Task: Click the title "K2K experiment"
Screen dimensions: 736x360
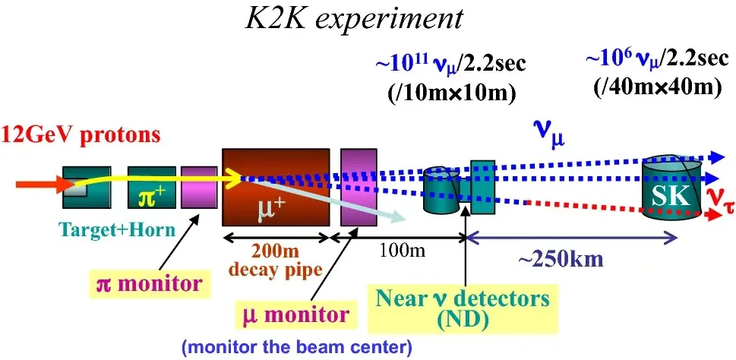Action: point(354,19)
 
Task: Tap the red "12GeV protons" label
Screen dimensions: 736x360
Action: point(81,135)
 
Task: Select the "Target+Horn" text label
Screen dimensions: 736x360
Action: point(117,230)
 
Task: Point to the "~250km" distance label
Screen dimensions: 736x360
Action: point(560,260)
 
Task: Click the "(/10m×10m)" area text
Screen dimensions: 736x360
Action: point(452,93)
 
